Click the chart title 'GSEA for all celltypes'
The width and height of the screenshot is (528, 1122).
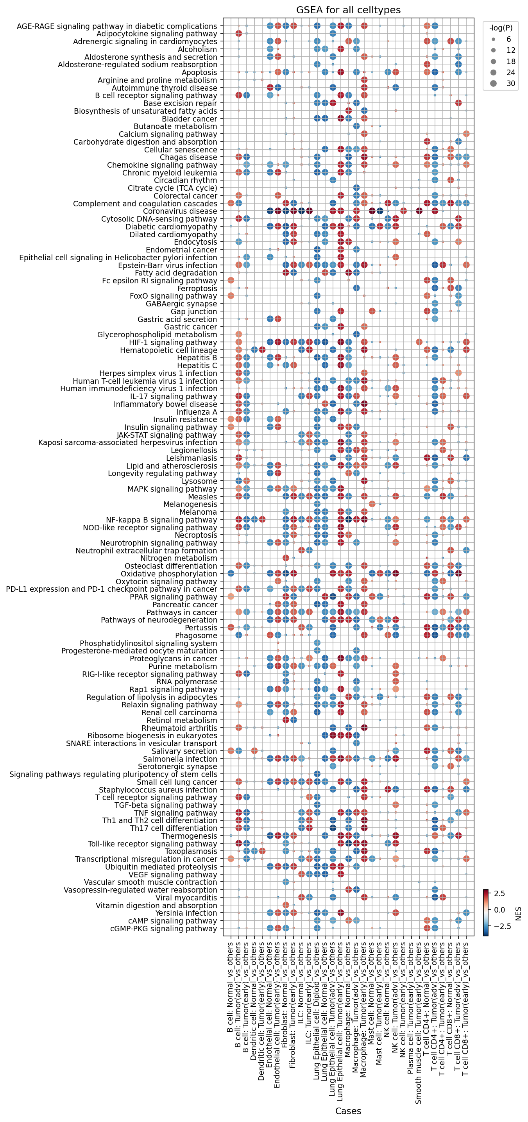tap(348, 10)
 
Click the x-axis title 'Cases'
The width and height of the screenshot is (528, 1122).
tap(348, 1111)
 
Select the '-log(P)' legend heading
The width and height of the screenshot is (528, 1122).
tap(501, 28)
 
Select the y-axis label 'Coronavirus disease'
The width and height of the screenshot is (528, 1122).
tap(180, 211)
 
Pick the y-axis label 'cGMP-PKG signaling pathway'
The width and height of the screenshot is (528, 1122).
tap(163, 929)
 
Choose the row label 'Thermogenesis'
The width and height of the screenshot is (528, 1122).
tap(189, 836)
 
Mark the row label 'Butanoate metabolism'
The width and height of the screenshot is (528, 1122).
tap(175, 126)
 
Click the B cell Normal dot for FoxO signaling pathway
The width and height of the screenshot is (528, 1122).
tap(231, 296)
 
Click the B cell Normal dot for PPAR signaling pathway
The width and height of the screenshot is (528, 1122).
tap(231, 597)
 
